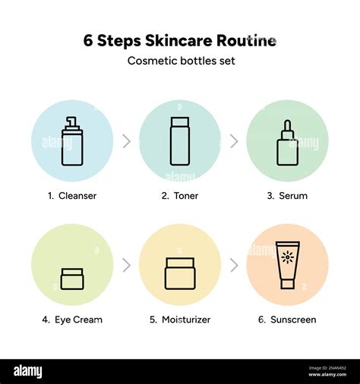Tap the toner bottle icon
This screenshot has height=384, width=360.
pos(180,141)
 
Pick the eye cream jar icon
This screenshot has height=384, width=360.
pos(72,279)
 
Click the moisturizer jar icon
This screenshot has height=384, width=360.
pos(180,273)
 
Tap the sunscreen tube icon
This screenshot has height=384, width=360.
pos(288,265)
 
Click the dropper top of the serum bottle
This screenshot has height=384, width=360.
pos(287,127)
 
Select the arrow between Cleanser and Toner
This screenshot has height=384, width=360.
pos(126,141)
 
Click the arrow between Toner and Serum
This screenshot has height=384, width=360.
pos(234,141)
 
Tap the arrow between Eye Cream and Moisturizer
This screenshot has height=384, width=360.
pos(126,265)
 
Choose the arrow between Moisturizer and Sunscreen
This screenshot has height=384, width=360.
pos(234,265)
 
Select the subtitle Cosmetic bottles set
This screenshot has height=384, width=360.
pos(180,61)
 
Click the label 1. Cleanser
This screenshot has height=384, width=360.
pos(72,196)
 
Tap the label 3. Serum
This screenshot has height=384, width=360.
pos(287,196)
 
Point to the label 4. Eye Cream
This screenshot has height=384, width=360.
pos(72,319)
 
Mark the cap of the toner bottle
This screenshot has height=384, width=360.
pos(180,122)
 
